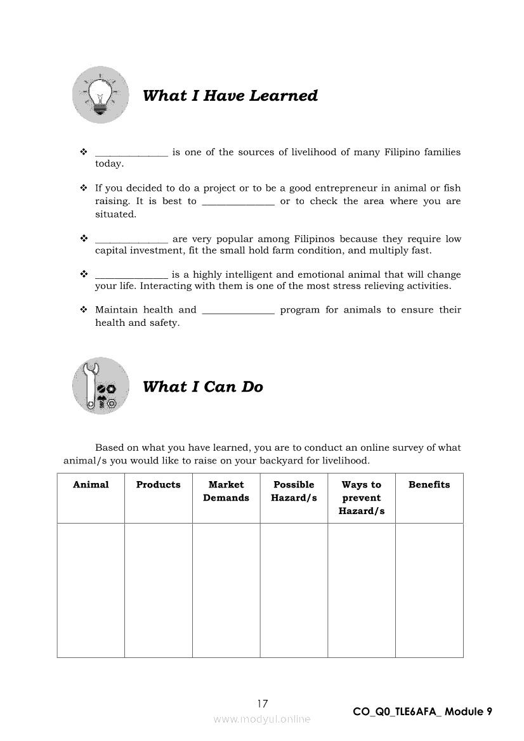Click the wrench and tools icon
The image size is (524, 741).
tap(100, 386)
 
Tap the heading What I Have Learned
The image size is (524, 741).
tap(230, 96)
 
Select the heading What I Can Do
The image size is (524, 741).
tap(203, 387)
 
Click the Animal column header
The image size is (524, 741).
tap(91, 485)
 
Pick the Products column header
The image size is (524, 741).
tap(159, 485)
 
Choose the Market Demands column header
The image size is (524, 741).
tap(226, 491)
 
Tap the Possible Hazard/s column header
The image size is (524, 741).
tap(294, 491)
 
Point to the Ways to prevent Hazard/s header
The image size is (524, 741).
tap(362, 498)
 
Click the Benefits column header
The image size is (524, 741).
tap(429, 485)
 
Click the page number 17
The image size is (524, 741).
tap(263, 703)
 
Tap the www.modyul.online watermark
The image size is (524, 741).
tap(262, 719)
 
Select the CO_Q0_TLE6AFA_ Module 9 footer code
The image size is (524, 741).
tap(422, 711)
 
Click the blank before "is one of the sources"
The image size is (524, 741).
tap(131, 153)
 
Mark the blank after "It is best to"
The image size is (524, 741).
tap(238, 202)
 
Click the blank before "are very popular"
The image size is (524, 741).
tap(131, 240)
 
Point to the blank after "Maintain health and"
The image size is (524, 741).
tap(238, 311)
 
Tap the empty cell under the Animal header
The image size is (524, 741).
tap(91, 590)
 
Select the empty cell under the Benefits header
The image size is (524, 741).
tap(429, 590)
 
